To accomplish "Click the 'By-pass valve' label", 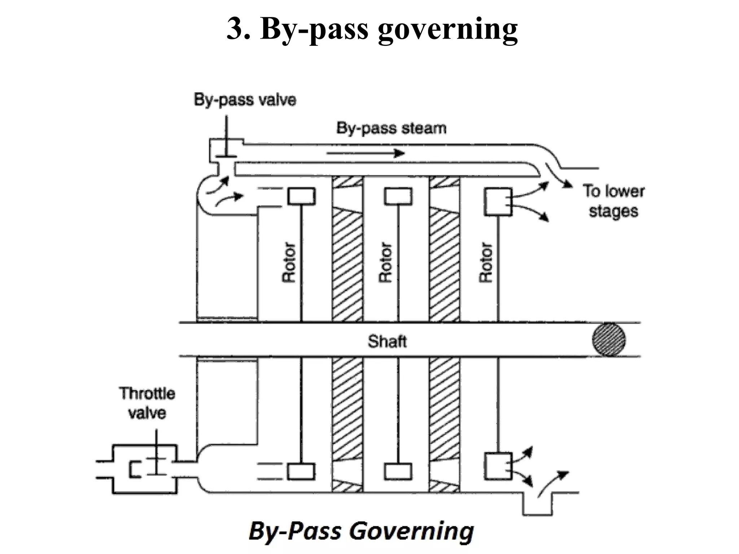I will pos(245,100).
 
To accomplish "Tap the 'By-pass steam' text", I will pos(391,128).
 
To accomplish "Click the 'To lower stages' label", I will pos(613,201).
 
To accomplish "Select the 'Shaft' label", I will pos(387,341).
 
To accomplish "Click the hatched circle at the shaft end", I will pos(609,339).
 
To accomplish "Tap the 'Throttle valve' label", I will pos(147,403).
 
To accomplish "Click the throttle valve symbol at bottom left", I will pos(148,469).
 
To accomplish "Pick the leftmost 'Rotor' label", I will pos(288,262).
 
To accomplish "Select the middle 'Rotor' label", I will pos(385,262).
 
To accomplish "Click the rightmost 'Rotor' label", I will pos(485,262).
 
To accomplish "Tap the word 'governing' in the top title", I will pos(447,29).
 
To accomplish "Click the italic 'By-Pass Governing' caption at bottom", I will pos(361,531).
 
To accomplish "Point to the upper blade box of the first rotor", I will pos(301,196).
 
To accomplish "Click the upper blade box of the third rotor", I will pos(498,202).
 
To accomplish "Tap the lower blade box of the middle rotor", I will pos(398,471).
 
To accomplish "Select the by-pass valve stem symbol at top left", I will pos(226,141).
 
